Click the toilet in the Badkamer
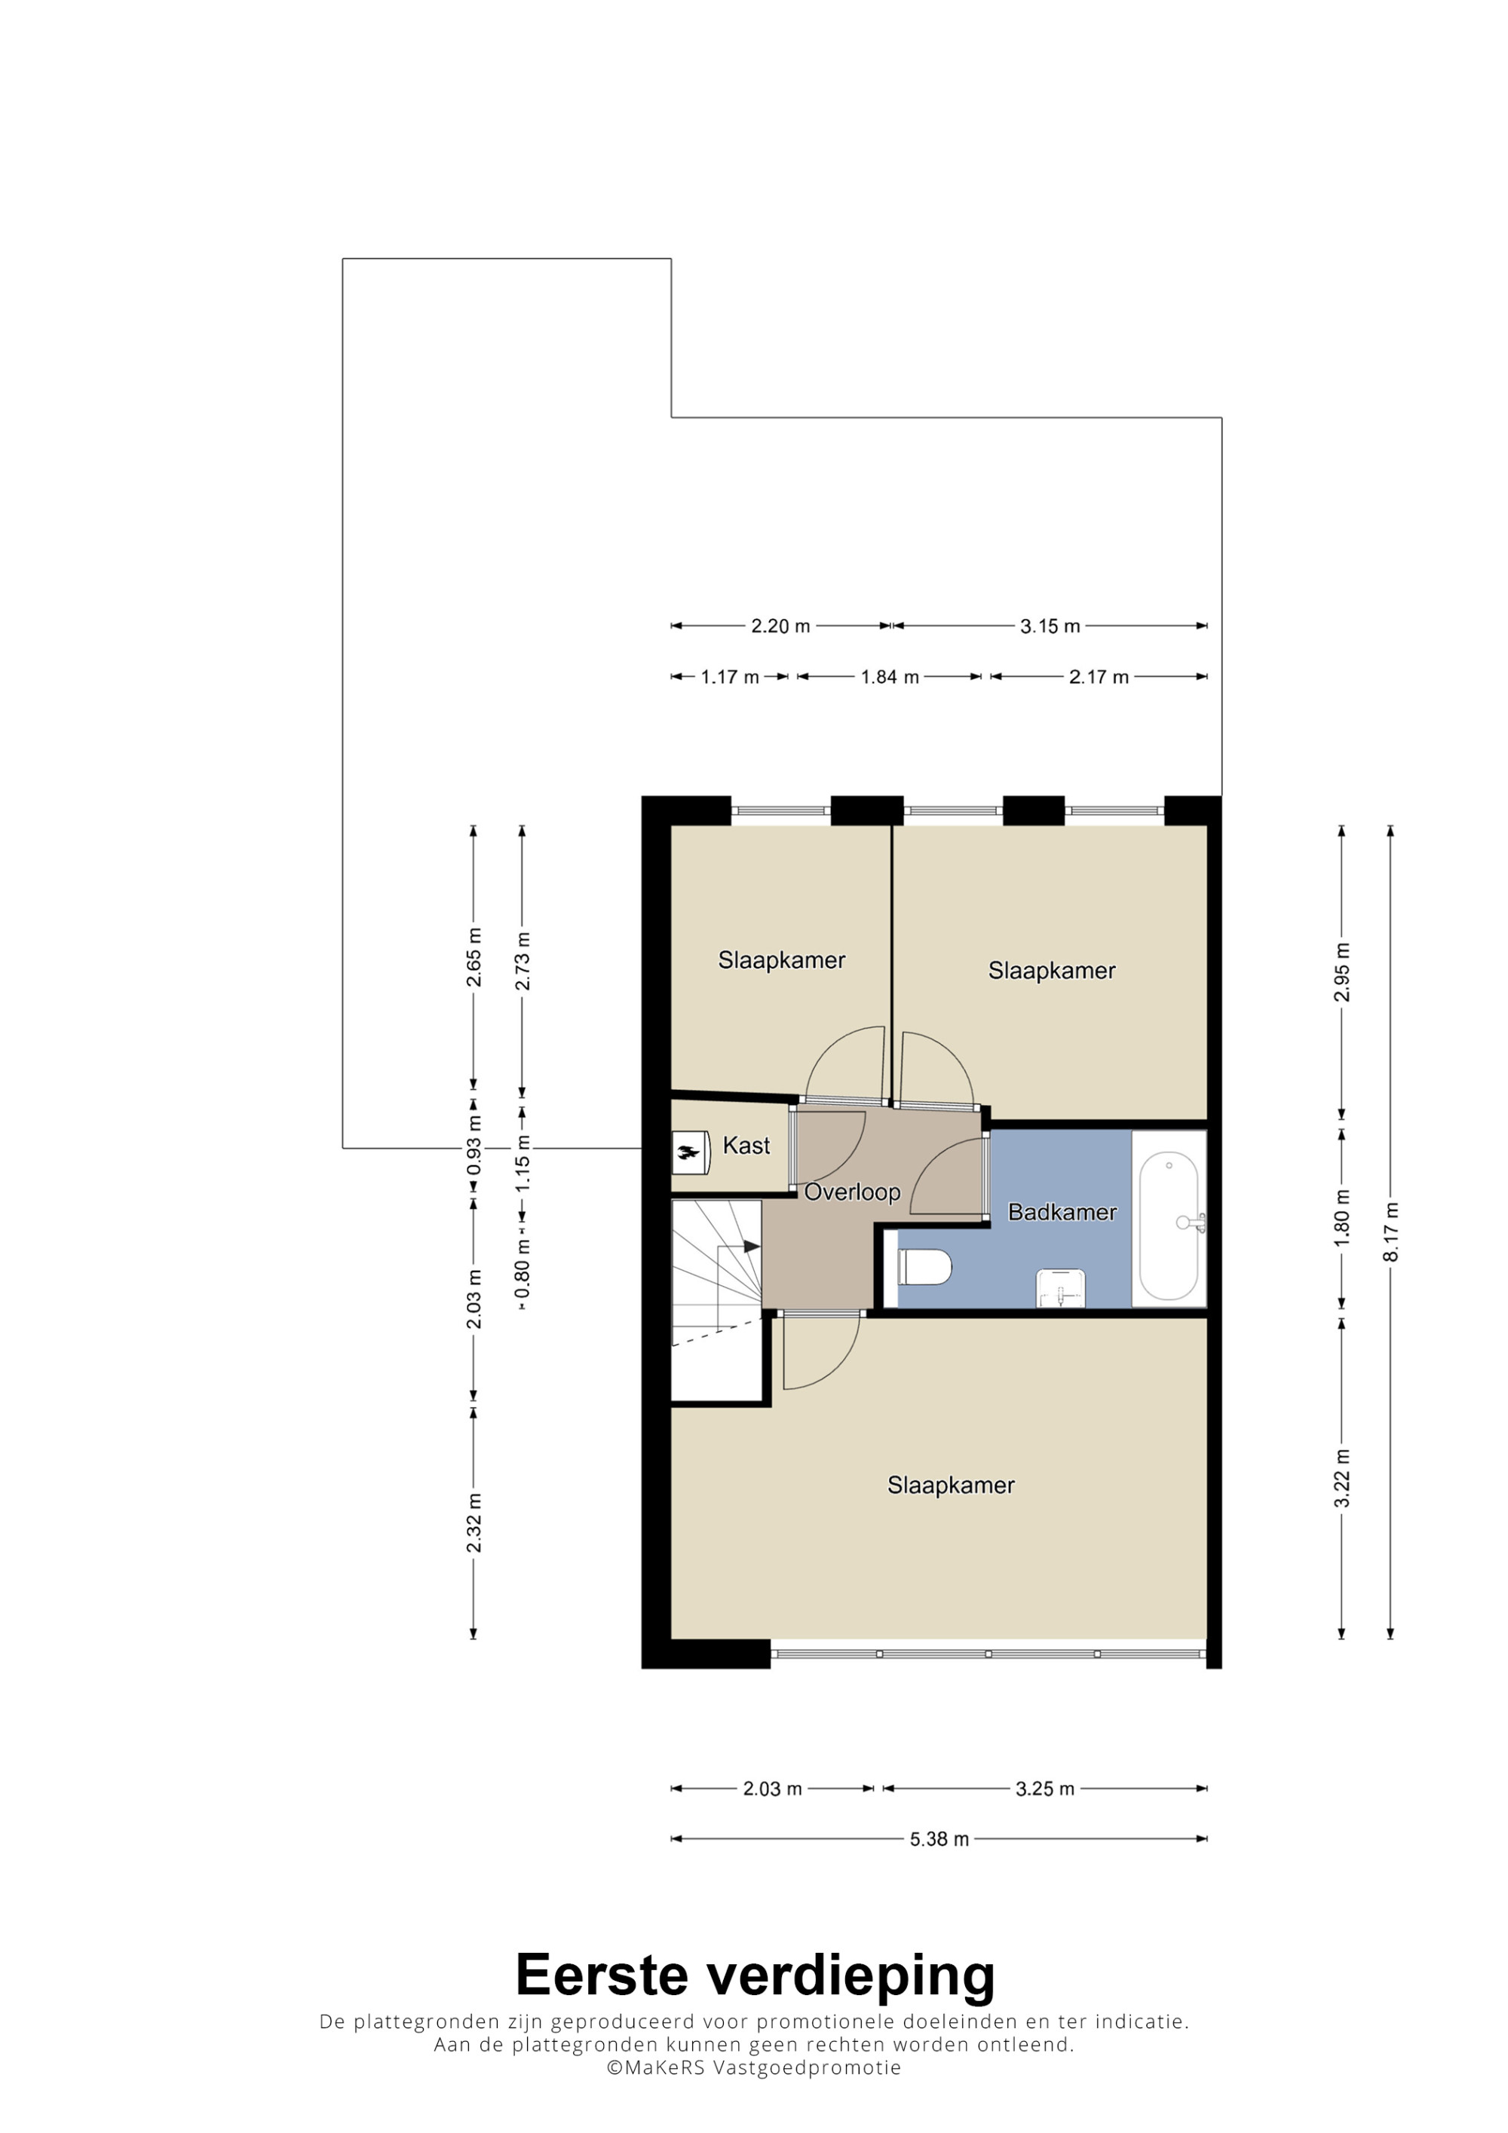(x=924, y=1267)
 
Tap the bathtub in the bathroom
(x=1168, y=1226)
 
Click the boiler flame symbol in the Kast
(x=688, y=1153)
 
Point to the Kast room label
(x=746, y=1146)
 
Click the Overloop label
(x=852, y=1192)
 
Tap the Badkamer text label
(x=1062, y=1213)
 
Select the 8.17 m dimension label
(x=1391, y=1232)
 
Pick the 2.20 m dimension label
(x=780, y=626)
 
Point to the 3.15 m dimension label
(x=1050, y=626)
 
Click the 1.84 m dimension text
(x=889, y=678)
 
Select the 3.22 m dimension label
(x=1341, y=1478)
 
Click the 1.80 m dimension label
(x=1341, y=1218)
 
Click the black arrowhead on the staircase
(x=752, y=1246)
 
